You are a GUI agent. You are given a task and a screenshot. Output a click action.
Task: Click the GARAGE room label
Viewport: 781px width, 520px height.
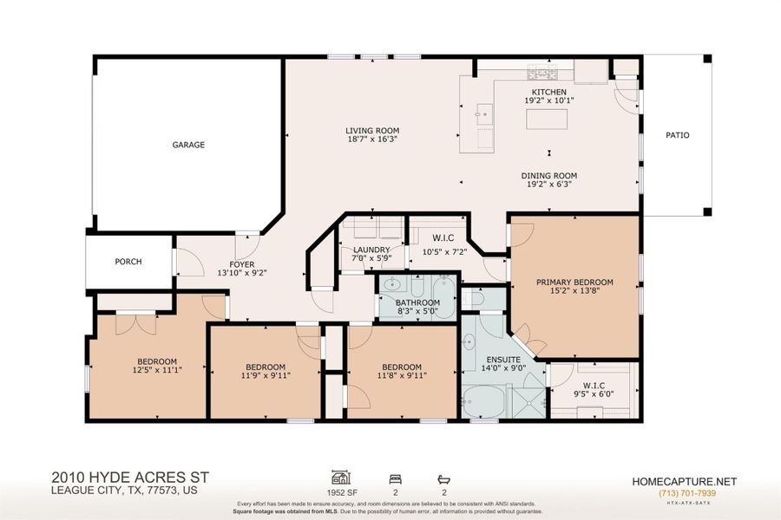(188, 145)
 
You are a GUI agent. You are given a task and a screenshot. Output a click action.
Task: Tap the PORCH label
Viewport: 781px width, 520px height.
(128, 262)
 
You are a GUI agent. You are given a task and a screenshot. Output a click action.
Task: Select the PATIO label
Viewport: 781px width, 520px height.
(677, 135)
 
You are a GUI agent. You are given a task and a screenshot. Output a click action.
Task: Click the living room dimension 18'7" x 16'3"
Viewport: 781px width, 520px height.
(372, 140)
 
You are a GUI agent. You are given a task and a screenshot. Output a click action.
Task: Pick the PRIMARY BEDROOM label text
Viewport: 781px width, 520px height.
(574, 282)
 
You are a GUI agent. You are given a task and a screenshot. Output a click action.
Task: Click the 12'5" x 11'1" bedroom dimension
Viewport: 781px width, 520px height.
(156, 371)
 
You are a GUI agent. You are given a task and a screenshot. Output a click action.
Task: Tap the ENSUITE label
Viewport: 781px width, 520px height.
(503, 359)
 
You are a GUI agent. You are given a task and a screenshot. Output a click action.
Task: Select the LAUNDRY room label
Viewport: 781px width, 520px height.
(371, 250)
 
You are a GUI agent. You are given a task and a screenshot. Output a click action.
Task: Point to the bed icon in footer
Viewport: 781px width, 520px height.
(397, 477)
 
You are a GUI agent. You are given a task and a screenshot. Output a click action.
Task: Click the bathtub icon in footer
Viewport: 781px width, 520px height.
(445, 477)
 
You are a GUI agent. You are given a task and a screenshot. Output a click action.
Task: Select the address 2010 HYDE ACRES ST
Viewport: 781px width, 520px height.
(130, 477)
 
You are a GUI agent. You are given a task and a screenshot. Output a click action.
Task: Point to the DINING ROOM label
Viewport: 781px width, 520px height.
(550, 176)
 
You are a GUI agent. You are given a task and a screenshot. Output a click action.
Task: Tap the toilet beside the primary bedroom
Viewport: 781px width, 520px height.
(474, 298)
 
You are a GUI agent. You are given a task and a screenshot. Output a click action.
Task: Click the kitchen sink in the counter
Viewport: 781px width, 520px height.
(483, 114)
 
